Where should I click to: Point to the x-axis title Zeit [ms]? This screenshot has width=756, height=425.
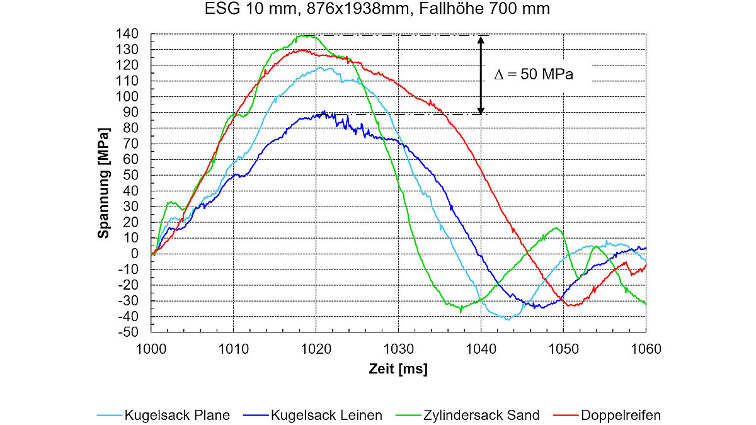coord(398,370)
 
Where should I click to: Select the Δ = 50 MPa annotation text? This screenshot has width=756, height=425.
coord(534,74)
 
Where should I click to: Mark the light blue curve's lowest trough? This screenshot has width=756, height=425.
coord(508,319)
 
